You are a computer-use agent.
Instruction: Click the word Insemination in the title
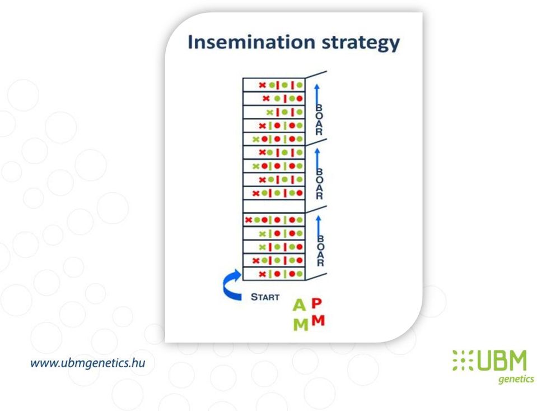pos(251,42)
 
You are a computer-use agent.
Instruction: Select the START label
pos(265,297)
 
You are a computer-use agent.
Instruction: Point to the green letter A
pos(299,304)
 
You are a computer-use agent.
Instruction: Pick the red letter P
pos(317,303)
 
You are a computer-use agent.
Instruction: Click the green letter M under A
pos(301,324)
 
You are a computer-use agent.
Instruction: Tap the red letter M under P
pos(318,320)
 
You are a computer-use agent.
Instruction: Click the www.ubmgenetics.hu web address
pos(88,363)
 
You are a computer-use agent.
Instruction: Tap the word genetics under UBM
pos(516,379)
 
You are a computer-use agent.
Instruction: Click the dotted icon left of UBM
pos(463,360)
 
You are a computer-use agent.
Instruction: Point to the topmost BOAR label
pos(319,120)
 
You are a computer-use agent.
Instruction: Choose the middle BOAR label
pos(319,184)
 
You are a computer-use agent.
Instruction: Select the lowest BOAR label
pos(320,251)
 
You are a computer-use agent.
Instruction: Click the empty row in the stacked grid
pos(274,206)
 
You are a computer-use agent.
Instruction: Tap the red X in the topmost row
pos(262,85)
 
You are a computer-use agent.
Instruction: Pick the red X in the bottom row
pos(262,274)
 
